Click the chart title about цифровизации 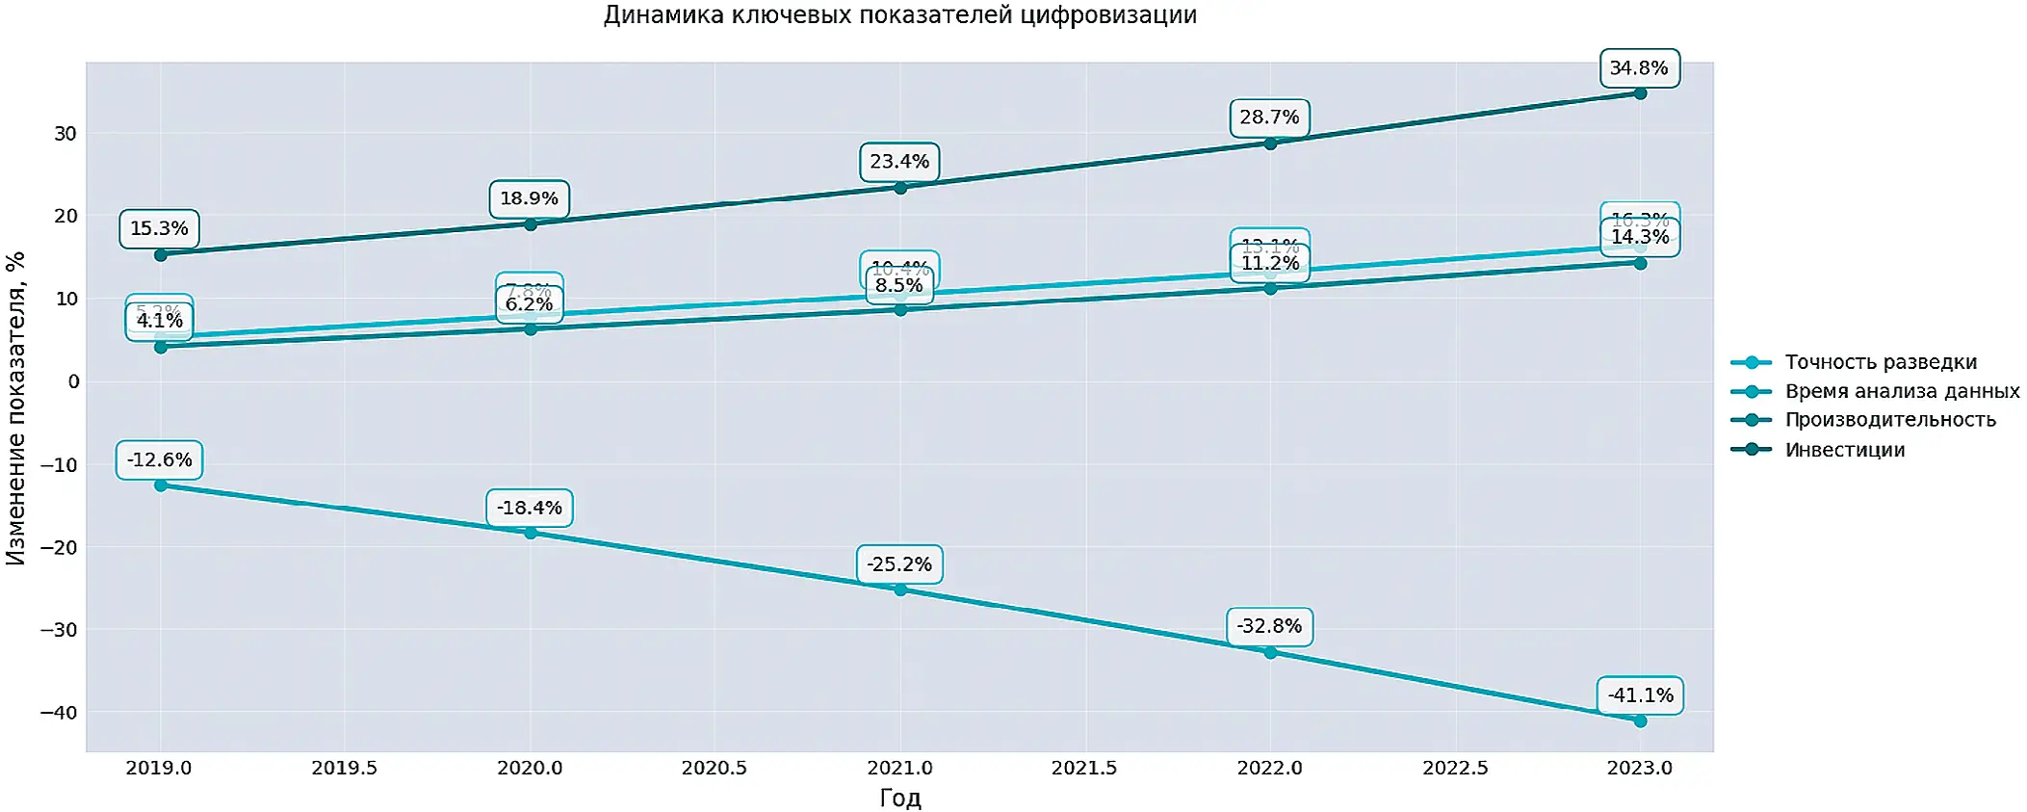pyautogui.click(x=899, y=15)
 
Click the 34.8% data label pyautogui.click(x=1639, y=68)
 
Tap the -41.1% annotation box pyautogui.click(x=1640, y=695)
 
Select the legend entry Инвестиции pyautogui.click(x=1844, y=450)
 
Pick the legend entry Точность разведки pyautogui.click(x=1880, y=362)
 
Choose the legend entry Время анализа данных pyautogui.click(x=1902, y=391)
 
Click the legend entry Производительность pyautogui.click(x=1889, y=420)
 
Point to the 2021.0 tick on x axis pyautogui.click(x=899, y=768)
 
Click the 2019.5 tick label pyautogui.click(x=344, y=768)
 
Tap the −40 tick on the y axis pyautogui.click(x=59, y=713)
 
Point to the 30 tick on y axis pyautogui.click(x=65, y=134)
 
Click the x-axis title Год pyautogui.click(x=899, y=798)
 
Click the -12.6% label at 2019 pyautogui.click(x=160, y=460)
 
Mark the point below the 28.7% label pyautogui.click(x=1270, y=144)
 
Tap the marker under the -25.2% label pyautogui.click(x=900, y=589)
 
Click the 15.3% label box pyautogui.click(x=160, y=229)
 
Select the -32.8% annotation pyautogui.click(x=1269, y=627)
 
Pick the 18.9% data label pyautogui.click(x=529, y=199)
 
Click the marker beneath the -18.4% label pyautogui.click(x=531, y=533)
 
